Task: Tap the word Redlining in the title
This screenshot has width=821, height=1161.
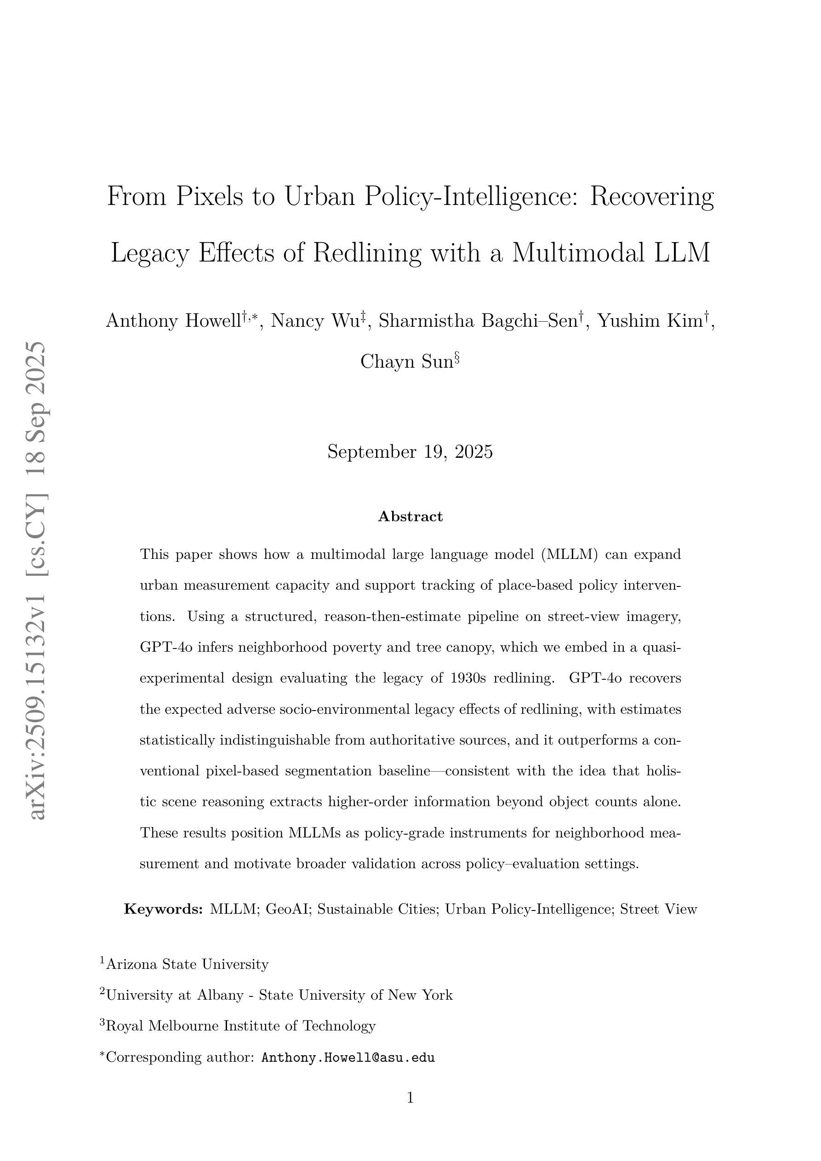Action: tap(367, 252)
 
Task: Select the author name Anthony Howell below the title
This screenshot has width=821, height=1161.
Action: tap(173, 321)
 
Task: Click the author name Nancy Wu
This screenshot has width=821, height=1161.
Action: tap(314, 321)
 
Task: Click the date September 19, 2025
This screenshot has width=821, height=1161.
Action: tap(410, 451)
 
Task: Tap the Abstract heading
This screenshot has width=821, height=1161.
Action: tap(410, 516)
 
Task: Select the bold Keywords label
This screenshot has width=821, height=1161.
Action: tap(163, 909)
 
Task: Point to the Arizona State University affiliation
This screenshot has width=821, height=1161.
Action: tap(187, 964)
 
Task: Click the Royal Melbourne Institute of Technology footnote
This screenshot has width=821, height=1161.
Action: tap(241, 1025)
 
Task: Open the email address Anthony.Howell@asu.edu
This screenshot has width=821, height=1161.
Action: tap(348, 1057)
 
